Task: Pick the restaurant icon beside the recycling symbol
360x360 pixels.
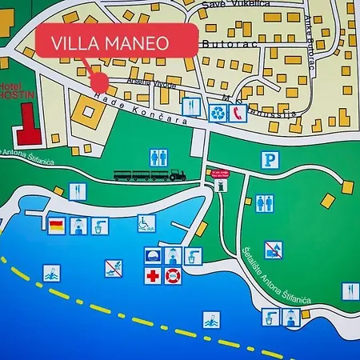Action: pyautogui.click(x=190, y=106)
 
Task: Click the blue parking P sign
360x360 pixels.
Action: pyautogui.click(x=271, y=161)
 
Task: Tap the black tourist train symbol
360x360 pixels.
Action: pyautogui.click(x=150, y=174)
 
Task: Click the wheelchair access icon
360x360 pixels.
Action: pyautogui.click(x=146, y=223)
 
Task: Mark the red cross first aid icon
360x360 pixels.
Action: pyautogui.click(x=153, y=276)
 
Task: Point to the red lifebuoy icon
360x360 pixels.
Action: pyautogui.click(x=173, y=276)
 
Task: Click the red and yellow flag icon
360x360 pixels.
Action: pyautogui.click(x=56, y=226)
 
